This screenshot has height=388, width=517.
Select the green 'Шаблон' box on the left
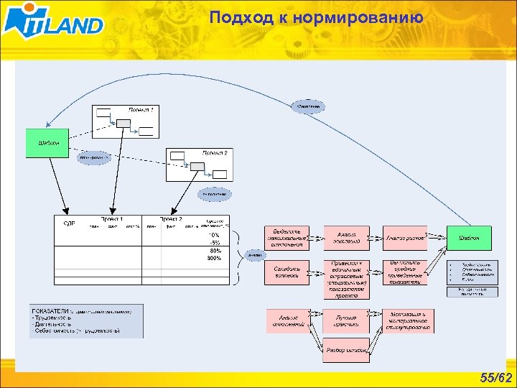tap(47, 143)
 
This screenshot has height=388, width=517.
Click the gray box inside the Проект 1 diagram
tap(124, 124)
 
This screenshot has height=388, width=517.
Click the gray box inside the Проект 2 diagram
tap(195, 166)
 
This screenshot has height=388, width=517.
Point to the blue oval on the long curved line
tap(309, 106)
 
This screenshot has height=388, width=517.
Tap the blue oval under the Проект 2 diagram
tap(214, 194)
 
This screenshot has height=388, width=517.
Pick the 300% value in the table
tap(214, 257)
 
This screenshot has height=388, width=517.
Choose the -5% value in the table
tap(214, 242)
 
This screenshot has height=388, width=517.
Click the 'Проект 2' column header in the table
tap(171, 219)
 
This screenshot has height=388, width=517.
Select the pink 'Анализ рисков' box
tap(404, 237)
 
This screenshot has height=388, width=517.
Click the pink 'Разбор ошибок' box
tap(346, 350)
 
